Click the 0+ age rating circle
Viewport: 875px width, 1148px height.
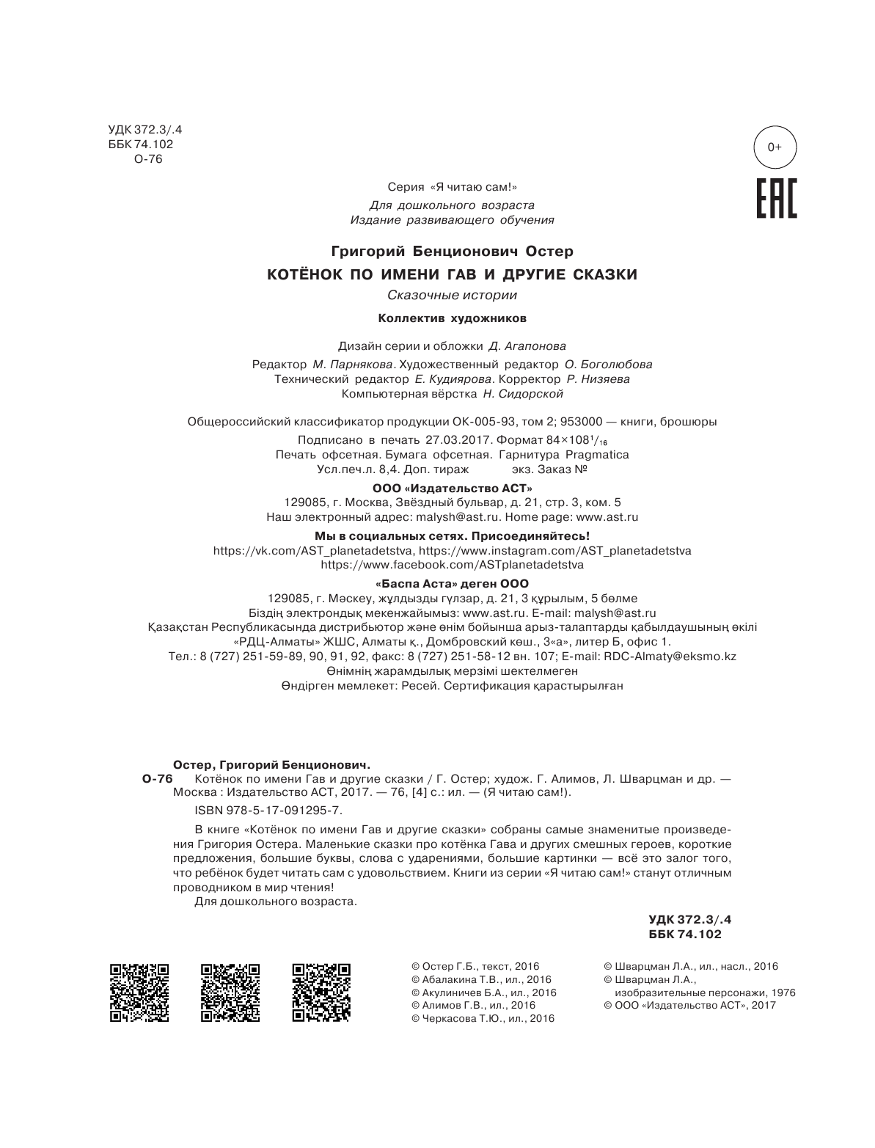(775, 148)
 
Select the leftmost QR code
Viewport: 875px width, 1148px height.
(139, 992)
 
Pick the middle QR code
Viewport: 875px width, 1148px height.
(230, 992)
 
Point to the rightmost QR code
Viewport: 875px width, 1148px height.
(321, 992)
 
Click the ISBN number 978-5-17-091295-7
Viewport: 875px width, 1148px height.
(268, 811)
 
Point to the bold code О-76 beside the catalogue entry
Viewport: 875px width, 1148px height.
(156, 779)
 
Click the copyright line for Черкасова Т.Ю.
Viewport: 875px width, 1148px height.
(483, 1019)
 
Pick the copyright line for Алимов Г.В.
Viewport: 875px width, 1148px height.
(474, 1006)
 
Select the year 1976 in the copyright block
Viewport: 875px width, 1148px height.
(783, 992)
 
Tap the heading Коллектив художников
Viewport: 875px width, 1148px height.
(452, 319)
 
